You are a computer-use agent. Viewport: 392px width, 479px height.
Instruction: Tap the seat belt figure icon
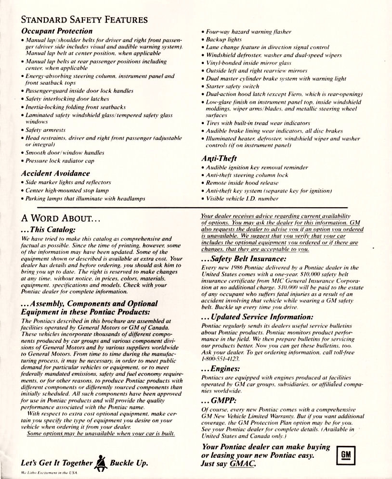101,463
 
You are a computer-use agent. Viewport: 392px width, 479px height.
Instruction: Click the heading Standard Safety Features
84,20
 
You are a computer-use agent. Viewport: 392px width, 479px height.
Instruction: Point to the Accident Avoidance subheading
55,173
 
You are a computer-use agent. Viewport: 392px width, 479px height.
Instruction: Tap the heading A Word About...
61,217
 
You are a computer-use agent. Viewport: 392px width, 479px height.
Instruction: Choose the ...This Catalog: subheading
48,229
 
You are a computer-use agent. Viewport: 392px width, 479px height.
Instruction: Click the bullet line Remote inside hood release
242,183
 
